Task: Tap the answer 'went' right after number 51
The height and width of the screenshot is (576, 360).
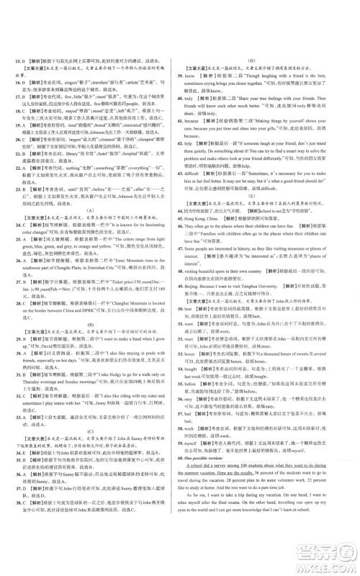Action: tap(191, 354)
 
